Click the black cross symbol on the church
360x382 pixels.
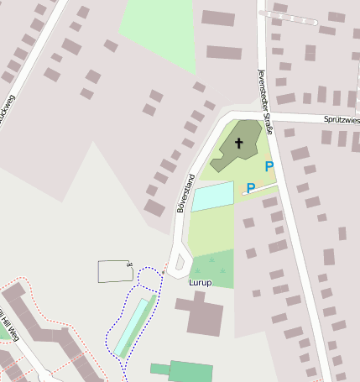238,143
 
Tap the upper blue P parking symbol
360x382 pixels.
269,167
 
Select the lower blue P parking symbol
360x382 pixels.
250,189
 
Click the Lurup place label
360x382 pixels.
201,283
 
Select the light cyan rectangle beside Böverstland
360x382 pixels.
213,195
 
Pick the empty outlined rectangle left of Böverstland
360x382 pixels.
115,271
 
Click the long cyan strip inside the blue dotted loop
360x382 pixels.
134,326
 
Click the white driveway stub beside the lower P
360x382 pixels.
259,189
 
